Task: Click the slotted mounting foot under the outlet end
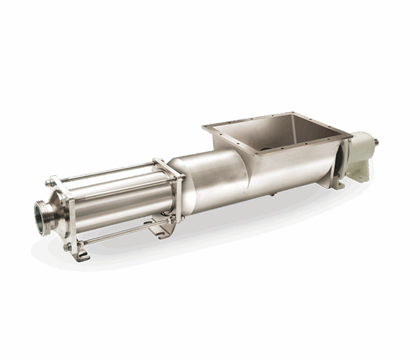pos(81,253)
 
